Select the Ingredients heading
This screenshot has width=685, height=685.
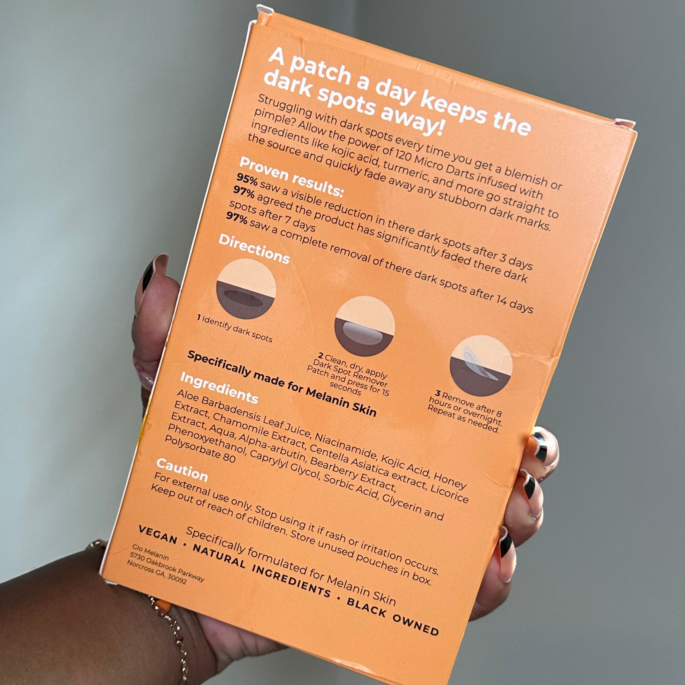pyautogui.click(x=219, y=388)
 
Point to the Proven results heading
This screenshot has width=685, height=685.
pyautogui.click(x=291, y=176)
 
